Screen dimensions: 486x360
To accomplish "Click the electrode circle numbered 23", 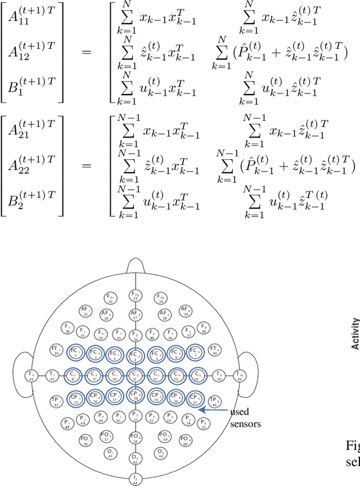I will pos(136,296).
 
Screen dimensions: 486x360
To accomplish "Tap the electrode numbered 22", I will pos(110,298).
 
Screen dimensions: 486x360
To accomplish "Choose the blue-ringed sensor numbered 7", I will pos(196,353).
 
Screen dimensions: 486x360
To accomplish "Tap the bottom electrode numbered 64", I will pos(136,479).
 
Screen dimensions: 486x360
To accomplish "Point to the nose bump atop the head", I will pos(136,265).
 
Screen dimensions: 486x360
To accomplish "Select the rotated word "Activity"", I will pos(355,334).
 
